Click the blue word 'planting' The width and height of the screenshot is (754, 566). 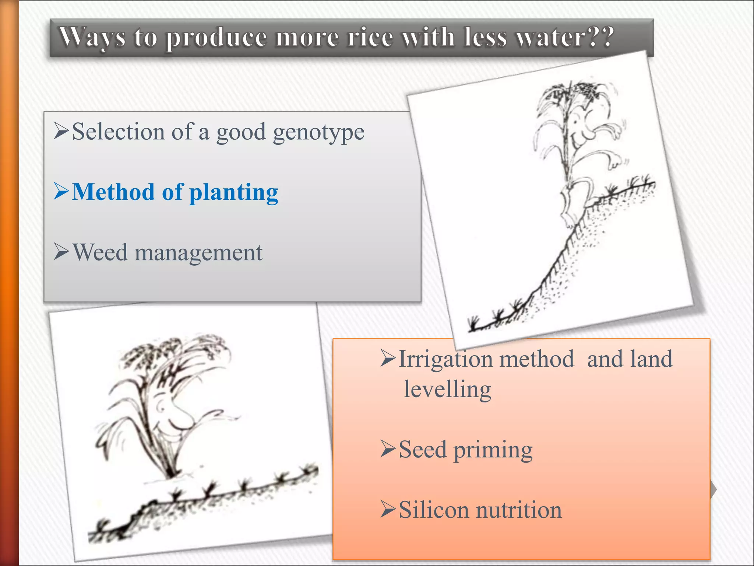click(x=233, y=193)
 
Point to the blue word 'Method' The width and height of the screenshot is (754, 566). click(x=113, y=192)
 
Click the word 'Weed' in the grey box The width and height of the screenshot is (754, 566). click(x=100, y=253)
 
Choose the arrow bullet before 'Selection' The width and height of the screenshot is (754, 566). click(x=61, y=131)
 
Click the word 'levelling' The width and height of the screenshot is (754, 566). click(x=447, y=390)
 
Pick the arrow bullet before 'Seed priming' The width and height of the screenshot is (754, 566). click(x=388, y=449)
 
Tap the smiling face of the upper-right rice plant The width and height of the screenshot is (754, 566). click(x=582, y=133)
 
